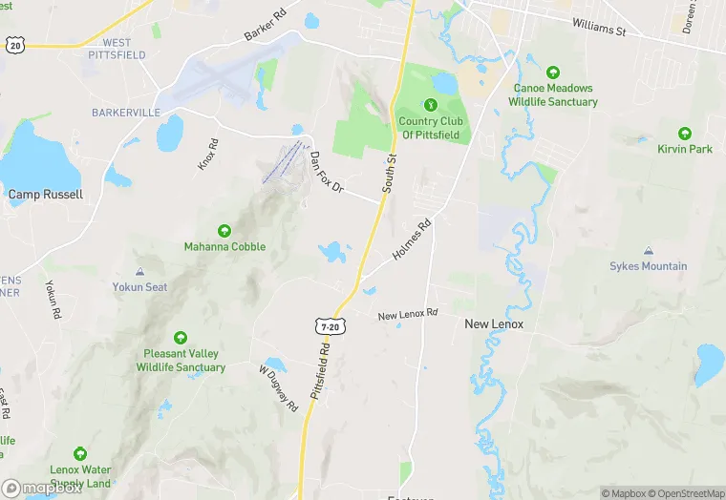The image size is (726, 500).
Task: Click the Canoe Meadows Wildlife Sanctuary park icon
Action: pyautogui.click(x=553, y=73)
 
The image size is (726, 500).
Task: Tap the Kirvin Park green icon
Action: pyautogui.click(x=685, y=134)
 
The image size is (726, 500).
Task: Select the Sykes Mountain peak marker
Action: pyautogui.click(x=649, y=251)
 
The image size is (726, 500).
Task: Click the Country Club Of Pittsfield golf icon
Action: pyautogui.click(x=430, y=105)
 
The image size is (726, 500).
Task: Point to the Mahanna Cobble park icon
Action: pyautogui.click(x=224, y=231)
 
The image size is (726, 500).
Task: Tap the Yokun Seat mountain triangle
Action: pyautogui.click(x=139, y=272)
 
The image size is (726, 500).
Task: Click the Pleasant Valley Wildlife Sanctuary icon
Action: pyautogui.click(x=181, y=338)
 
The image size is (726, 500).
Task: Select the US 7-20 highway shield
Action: pyautogui.click(x=330, y=326)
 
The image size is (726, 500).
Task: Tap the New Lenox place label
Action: pyautogui.click(x=493, y=324)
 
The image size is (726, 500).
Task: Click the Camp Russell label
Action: pyautogui.click(x=46, y=195)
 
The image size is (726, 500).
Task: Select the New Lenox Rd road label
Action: pyautogui.click(x=407, y=314)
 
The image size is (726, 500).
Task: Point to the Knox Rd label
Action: pyautogui.click(x=208, y=155)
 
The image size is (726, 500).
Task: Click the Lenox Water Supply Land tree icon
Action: pyautogui.click(x=81, y=455)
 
